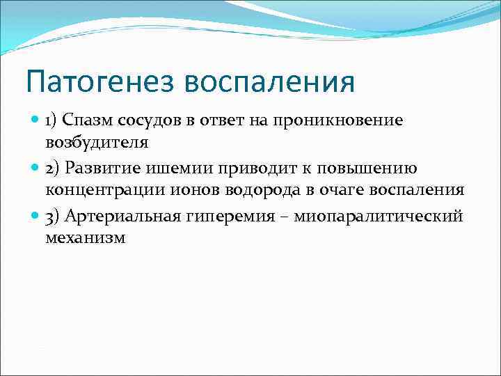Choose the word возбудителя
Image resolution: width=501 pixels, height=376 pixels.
tap(97, 142)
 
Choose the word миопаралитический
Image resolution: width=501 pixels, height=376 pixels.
tap(378, 216)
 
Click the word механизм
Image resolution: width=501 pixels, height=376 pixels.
tap(86, 237)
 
